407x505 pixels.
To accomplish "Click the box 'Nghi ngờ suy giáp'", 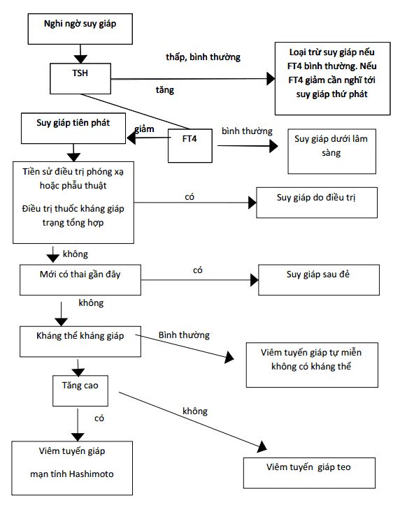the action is coord(80,29).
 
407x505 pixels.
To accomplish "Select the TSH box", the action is coord(80,79).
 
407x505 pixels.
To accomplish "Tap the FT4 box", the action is coord(190,145).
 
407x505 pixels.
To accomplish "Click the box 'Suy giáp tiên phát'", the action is coord(73,129).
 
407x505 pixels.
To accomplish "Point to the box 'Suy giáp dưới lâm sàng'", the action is coord(331,152).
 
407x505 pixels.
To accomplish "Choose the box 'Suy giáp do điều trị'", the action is coord(317,203).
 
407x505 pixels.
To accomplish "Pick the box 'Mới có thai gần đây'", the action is coord(80,280).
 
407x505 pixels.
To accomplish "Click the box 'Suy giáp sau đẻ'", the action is coord(319,280).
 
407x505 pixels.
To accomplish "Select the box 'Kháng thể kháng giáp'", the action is coord(80,342).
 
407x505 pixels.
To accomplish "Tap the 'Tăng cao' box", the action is coord(80,390).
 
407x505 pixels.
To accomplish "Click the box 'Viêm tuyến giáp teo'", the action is coord(309,473).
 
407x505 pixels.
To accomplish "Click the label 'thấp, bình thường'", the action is coord(203,57).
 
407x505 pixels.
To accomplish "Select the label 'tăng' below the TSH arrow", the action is coord(165,90).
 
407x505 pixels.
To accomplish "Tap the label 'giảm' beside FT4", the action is coord(144,129).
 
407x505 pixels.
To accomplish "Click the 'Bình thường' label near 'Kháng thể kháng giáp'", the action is coord(184,335).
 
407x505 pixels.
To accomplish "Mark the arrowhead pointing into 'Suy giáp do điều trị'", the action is coord(252,203).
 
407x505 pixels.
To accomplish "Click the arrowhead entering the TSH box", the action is coord(80,59).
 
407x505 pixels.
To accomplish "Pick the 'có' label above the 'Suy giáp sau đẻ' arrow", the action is coord(198,270).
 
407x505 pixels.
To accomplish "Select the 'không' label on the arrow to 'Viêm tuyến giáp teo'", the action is coord(195,411).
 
